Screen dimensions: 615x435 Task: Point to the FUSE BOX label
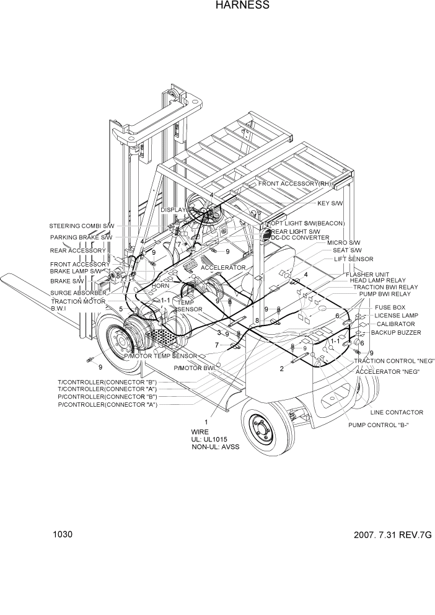(390, 307)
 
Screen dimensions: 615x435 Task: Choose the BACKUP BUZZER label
(395, 333)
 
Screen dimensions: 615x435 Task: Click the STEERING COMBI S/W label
(82, 226)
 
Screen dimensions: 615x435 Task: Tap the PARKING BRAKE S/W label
(81, 237)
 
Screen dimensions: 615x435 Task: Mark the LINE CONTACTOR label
(397, 412)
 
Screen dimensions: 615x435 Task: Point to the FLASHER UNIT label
(367, 275)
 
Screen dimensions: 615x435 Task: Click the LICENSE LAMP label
(397, 316)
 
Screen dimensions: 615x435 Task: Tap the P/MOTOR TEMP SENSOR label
(160, 356)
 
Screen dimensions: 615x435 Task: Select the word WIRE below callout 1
(200, 431)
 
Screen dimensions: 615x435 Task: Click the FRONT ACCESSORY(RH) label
(295, 184)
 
